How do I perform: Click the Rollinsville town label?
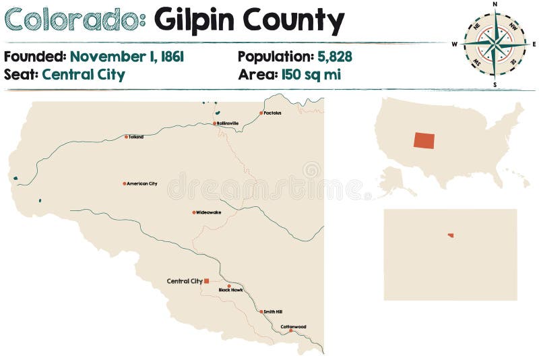click(228, 123)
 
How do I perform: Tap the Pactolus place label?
click(273, 113)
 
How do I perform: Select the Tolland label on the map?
click(136, 137)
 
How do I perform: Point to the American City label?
click(142, 183)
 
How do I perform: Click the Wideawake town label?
click(209, 212)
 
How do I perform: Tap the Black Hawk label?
click(230, 290)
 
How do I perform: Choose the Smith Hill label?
click(273, 311)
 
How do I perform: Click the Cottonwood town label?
click(294, 327)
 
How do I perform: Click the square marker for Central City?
click(207, 281)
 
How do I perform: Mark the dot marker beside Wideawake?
click(194, 212)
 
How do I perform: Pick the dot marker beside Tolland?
click(125, 137)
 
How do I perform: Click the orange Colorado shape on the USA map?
click(424, 140)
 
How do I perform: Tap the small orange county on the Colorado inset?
click(451, 235)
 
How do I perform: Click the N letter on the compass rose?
click(495, 4)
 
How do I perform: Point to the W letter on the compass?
click(455, 44)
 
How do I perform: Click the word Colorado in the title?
click(74, 20)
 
